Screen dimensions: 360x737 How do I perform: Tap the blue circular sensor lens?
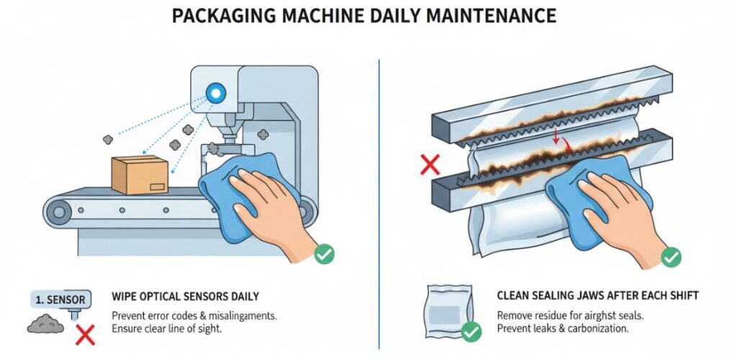coord(214,92)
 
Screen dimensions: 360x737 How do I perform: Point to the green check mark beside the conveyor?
coord(325,253)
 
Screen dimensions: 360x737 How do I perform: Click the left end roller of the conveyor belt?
coord(58,210)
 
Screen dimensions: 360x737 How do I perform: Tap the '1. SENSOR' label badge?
coord(59,299)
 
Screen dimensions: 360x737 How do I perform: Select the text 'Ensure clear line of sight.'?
coord(168,329)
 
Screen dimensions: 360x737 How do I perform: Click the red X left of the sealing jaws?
coord(430,165)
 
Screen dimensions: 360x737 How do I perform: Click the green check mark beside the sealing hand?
coord(672,256)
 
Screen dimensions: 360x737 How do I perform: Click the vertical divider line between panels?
coord(379,202)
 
